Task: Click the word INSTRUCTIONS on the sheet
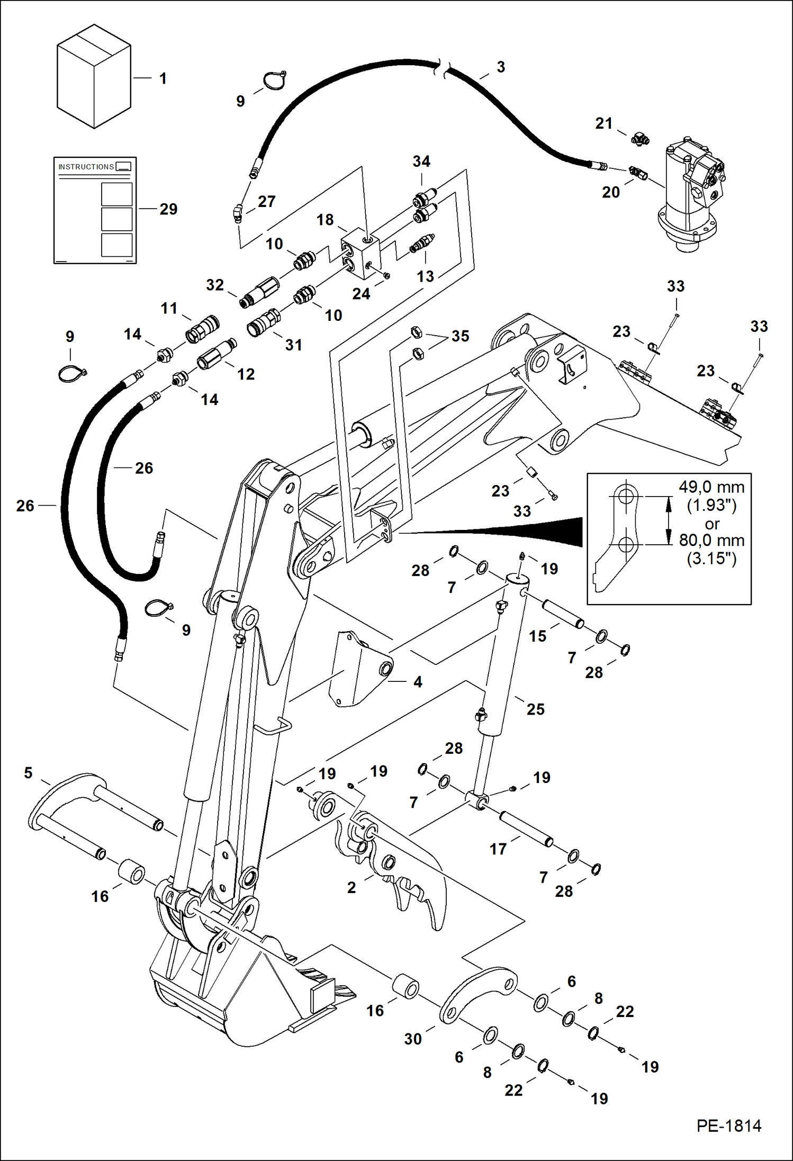86,167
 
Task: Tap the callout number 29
168,209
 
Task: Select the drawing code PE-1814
728,1126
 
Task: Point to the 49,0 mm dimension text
711,487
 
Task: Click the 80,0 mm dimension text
711,541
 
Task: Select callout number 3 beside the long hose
500,67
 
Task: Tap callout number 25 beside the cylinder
535,709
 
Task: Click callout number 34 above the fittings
421,161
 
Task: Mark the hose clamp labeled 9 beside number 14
71,374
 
